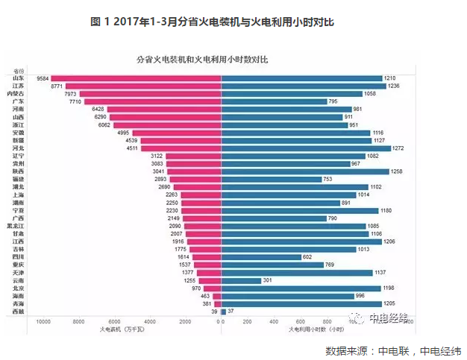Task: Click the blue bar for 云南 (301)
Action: pyautogui.click(x=241, y=280)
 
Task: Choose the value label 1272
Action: pyautogui.click(x=398, y=148)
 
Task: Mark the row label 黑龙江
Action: pyautogui.click(x=15, y=226)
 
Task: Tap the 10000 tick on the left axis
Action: pyautogui.click(x=43, y=321)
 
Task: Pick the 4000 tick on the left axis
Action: pyautogui.click(x=150, y=321)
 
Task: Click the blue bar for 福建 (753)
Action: pyautogui.click(x=272, y=180)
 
